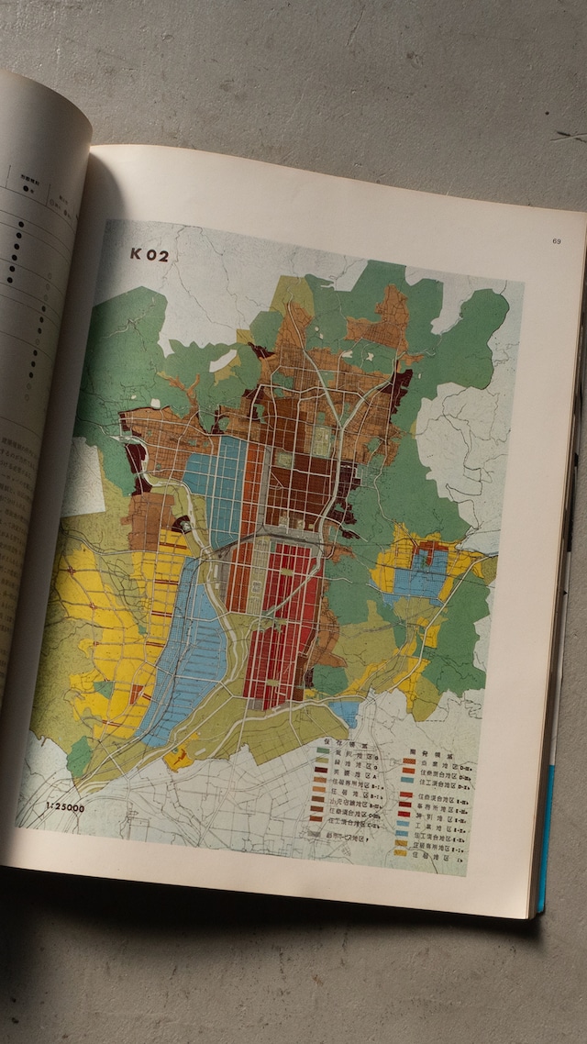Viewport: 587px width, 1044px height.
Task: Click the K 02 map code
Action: coord(150,255)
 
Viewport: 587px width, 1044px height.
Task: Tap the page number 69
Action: coord(556,241)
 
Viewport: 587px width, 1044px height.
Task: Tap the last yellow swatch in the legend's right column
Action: coord(401,851)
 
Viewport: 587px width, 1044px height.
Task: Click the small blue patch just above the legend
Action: coord(345,710)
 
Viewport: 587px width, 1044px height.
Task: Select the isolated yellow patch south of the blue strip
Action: coord(179,760)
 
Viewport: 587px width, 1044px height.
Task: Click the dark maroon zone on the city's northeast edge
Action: coord(398,389)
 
